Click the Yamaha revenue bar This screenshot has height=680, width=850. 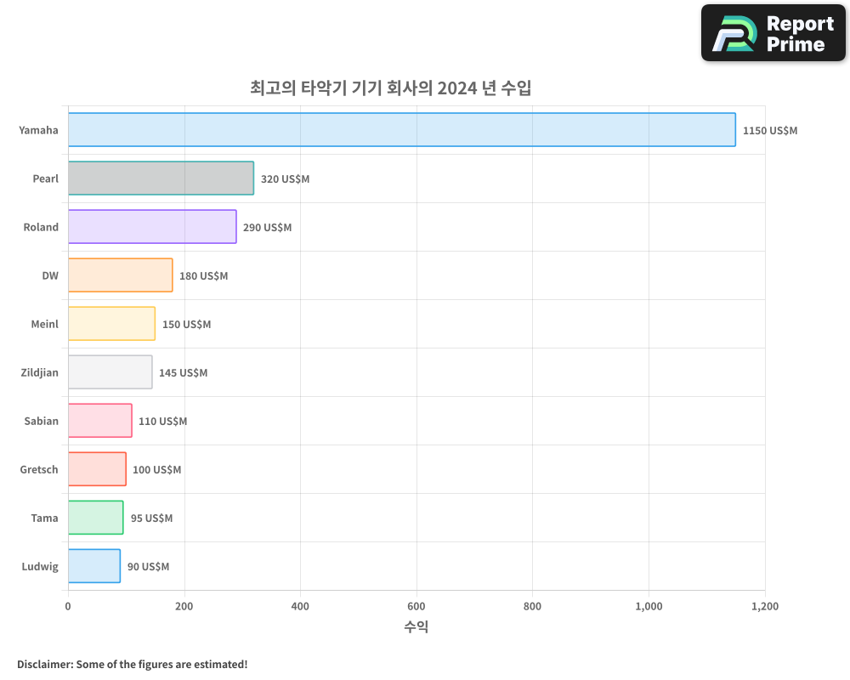401,130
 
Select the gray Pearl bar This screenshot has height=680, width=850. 161,178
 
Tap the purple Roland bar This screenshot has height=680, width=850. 152,227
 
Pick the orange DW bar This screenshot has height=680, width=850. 120,275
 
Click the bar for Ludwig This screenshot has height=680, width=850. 93,566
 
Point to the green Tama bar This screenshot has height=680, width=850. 95,518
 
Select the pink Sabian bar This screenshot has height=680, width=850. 99,421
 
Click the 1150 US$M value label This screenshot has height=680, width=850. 770,131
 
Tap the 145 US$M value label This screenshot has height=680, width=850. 183,373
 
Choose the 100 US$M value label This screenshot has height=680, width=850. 156,470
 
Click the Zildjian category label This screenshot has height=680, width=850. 39,372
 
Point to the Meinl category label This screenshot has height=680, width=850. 44,324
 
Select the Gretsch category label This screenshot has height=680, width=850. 39,469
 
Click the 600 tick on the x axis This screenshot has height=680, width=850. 416,607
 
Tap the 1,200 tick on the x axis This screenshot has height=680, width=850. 765,607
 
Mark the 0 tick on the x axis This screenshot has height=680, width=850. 68,607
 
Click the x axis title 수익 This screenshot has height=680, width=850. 416,627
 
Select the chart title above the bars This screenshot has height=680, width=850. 391,88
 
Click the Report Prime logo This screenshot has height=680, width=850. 773,33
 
